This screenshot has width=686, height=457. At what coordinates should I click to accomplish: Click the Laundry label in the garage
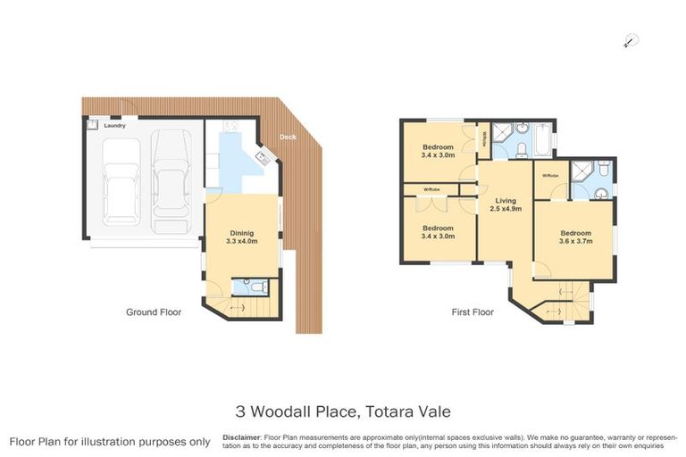[x=114, y=126]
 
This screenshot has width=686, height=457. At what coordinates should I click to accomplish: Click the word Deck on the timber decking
[x=287, y=137]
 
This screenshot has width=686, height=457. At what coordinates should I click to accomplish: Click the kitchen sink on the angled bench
[x=264, y=158]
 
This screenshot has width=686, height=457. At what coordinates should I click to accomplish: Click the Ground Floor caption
[x=153, y=312]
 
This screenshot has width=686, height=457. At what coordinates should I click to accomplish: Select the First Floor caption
[x=473, y=312]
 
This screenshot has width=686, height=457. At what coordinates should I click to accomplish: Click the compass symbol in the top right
[x=631, y=40]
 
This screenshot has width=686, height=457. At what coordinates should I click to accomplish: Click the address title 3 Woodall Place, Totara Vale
[x=343, y=411]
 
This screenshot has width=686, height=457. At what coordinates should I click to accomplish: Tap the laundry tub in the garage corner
[x=91, y=126]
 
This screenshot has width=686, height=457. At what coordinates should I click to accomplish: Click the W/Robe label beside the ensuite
[x=549, y=176]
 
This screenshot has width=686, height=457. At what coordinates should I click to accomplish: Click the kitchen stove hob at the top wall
[x=230, y=128]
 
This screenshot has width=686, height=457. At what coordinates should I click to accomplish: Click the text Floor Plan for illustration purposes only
[x=110, y=441]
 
